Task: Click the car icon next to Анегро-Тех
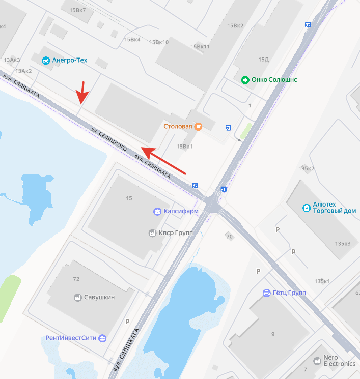(46, 61)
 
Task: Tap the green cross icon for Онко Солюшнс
(245, 80)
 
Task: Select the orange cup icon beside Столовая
(199, 126)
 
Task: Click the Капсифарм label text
(182, 211)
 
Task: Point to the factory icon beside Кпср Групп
(152, 233)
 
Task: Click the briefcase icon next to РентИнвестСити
(102, 338)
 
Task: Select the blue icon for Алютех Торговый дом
(306, 208)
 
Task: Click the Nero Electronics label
(340, 361)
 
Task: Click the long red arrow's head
(144, 150)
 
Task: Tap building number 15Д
(263, 60)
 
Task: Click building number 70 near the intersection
(229, 236)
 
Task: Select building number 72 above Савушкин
(76, 279)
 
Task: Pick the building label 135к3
(343, 244)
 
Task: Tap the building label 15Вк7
(77, 10)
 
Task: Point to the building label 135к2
(307, 168)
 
